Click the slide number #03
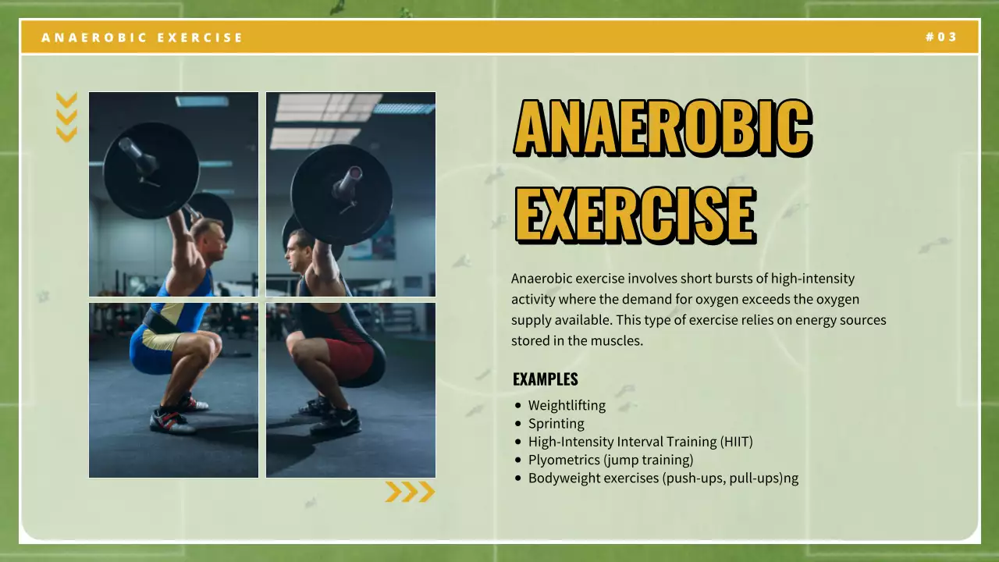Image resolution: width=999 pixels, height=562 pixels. [x=941, y=37]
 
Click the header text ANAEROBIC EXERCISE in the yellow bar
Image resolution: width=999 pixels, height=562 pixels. [x=142, y=37]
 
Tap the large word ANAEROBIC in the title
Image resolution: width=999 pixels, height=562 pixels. [x=663, y=127]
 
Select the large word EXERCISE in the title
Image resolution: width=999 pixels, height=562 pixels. [x=635, y=212]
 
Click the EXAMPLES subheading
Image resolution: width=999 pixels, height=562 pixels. [x=546, y=379]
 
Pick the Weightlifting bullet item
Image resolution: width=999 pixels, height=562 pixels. [x=567, y=405]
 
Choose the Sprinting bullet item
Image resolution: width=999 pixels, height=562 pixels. [x=556, y=423]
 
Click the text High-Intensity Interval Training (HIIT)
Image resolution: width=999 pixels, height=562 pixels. [x=640, y=442]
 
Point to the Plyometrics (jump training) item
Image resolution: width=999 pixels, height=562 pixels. [x=610, y=460]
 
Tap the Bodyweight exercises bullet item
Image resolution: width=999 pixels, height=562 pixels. [x=663, y=478]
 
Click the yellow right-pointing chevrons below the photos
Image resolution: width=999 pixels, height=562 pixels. [x=410, y=492]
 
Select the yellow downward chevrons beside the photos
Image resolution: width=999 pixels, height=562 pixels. [x=67, y=117]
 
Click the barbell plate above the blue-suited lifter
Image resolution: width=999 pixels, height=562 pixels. [x=151, y=169]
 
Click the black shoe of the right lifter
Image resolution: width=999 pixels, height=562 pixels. [x=336, y=422]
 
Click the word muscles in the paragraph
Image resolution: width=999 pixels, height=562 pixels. [x=617, y=340]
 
